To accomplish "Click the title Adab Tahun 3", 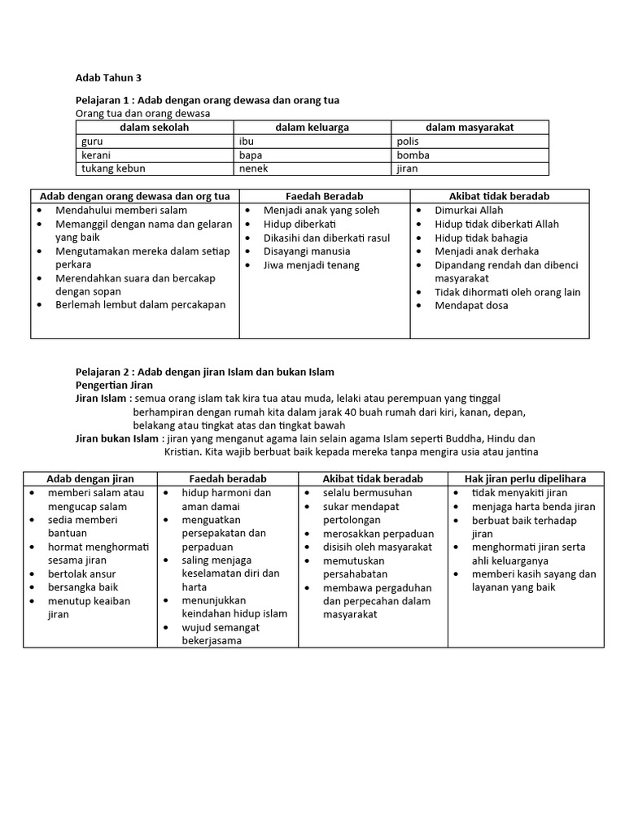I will (108, 78).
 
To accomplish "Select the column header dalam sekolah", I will (155, 128).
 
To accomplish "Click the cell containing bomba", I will (413, 155).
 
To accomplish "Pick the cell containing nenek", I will (253, 169).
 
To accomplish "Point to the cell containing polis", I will (408, 142).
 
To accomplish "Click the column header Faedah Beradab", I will (324, 196).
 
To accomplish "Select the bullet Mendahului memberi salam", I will (120, 211).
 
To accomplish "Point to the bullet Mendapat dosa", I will (471, 306).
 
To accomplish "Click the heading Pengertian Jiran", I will (114, 385).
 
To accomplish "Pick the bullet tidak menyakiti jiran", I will (519, 493).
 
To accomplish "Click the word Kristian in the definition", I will (183, 452).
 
